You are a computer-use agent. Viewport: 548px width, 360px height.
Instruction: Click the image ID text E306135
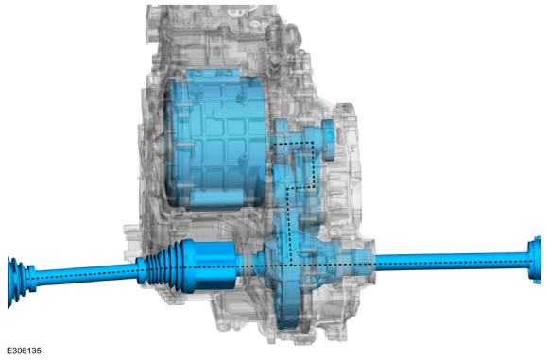coord(25,351)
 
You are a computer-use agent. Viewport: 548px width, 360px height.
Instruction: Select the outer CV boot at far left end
coord(16,282)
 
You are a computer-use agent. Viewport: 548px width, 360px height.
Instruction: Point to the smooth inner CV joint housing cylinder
coord(214,266)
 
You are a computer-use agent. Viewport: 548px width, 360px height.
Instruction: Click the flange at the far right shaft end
coord(535,259)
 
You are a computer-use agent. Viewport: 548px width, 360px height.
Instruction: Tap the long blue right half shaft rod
coord(451,261)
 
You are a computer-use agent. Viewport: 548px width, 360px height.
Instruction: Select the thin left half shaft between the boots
coord(86,274)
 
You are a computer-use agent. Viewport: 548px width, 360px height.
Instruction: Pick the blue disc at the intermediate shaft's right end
coord(329,140)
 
